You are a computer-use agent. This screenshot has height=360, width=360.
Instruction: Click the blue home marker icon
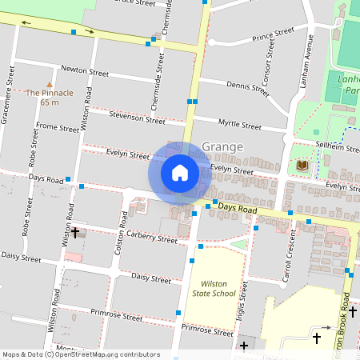click(180, 172)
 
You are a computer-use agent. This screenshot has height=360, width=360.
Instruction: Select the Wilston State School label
click(214, 288)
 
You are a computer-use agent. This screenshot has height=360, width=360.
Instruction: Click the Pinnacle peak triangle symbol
click(50, 83)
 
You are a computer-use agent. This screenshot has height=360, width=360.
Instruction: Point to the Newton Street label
click(84, 72)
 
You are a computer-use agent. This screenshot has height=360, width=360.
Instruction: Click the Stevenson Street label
click(138, 118)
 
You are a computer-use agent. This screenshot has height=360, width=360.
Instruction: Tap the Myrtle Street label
click(239, 126)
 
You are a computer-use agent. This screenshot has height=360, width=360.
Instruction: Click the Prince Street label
click(273, 36)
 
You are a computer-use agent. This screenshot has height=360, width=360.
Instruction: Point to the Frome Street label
click(58, 127)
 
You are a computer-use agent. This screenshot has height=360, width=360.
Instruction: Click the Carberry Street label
click(150, 238)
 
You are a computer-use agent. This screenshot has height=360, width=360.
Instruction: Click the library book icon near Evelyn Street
click(302, 166)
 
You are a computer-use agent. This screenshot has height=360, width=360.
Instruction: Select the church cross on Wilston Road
click(75, 233)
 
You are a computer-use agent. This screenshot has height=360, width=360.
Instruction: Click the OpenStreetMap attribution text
click(81, 354)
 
